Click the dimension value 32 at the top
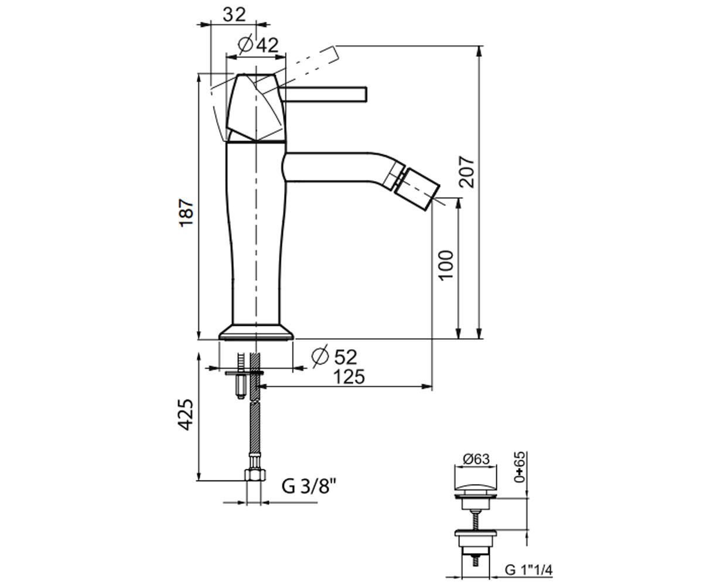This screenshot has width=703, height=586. [x=234, y=15]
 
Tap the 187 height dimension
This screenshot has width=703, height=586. [x=186, y=213]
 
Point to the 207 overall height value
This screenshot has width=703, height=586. [x=467, y=172]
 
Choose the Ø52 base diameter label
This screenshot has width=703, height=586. [x=334, y=357]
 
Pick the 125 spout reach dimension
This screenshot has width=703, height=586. [x=349, y=377]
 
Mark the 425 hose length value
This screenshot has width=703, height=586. [x=186, y=414]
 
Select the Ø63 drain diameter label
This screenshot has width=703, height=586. [x=475, y=459]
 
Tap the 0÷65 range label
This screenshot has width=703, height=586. [x=520, y=467]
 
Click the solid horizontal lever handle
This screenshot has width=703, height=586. [x=323, y=94]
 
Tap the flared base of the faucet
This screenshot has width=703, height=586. [x=256, y=332]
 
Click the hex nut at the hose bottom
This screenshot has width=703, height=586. [x=255, y=475]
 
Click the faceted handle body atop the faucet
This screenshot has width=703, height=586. [x=256, y=108]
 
